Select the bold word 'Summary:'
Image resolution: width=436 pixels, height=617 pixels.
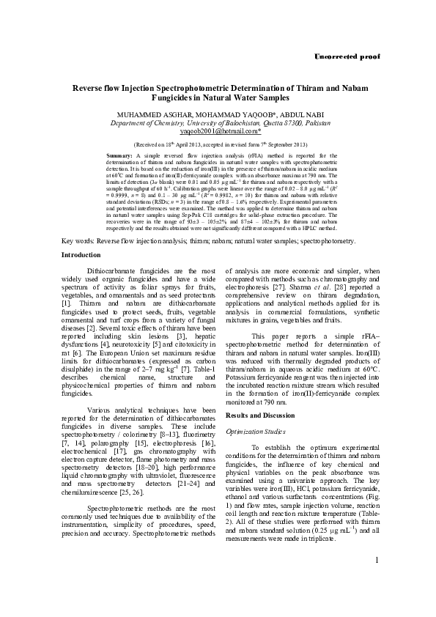(x=119, y=156)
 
